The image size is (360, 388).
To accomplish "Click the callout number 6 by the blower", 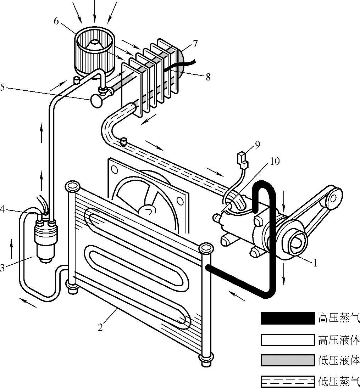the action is click(56, 21).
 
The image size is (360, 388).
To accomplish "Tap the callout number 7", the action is click(195, 44).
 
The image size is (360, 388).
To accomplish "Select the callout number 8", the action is click(208, 77).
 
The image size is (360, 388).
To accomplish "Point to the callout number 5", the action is click(2, 88).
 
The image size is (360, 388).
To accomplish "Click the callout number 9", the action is click(257, 145).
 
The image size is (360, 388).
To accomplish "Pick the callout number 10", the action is click(275, 161).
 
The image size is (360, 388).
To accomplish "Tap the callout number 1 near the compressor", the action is click(315, 263).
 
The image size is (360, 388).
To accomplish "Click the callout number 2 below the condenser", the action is click(100, 327).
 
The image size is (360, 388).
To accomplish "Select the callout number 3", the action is click(2, 268).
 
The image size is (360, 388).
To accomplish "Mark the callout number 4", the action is click(2, 209).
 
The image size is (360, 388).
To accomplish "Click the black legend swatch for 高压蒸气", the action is click(288, 318).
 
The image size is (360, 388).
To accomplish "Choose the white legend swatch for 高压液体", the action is click(288, 340).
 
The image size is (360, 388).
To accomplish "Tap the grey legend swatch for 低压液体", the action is click(288, 360).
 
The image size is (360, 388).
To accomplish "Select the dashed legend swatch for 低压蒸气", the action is click(288, 382).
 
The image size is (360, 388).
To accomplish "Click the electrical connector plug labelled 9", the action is click(242, 159).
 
